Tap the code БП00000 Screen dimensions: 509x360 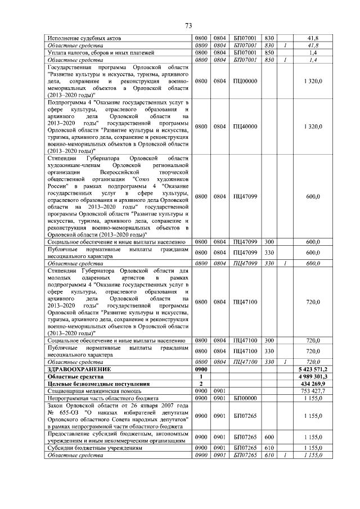(x=245, y=398)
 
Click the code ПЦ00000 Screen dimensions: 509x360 (x=245, y=81)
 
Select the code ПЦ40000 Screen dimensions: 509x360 (x=245, y=127)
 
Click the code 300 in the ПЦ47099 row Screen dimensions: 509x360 (x=268, y=242)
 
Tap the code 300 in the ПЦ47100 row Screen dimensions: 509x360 (x=268, y=341)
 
